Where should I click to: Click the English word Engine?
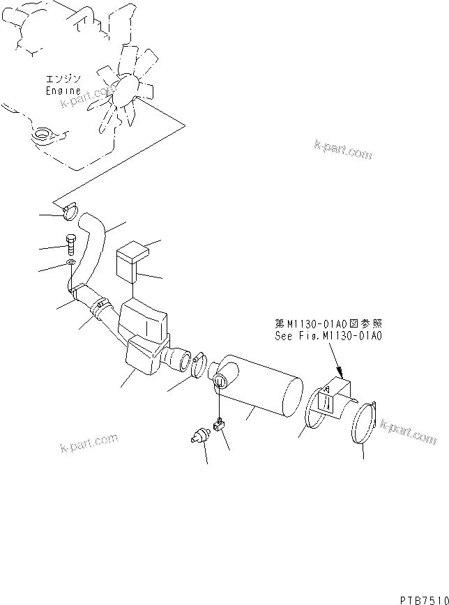(x=63, y=91)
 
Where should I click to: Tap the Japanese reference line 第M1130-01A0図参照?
(x=328, y=324)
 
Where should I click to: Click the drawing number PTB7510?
(x=423, y=598)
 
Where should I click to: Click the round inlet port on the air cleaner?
(x=221, y=381)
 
